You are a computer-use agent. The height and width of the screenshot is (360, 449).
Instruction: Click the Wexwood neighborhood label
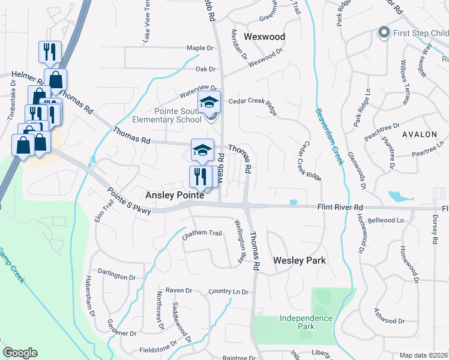[x=264, y=37]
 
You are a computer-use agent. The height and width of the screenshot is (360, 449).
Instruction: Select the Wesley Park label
[x=300, y=260]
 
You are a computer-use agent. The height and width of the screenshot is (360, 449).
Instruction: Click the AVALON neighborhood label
[x=420, y=134]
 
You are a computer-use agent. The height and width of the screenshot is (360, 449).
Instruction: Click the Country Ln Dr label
[x=228, y=292]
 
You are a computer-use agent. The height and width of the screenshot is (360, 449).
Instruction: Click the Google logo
[x=20, y=353]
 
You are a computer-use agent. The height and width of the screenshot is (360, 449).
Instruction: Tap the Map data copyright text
[x=423, y=355]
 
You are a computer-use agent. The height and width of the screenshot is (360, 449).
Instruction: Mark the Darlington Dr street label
[x=116, y=277]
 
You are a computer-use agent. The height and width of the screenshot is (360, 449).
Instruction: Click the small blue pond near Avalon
[x=397, y=196]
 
